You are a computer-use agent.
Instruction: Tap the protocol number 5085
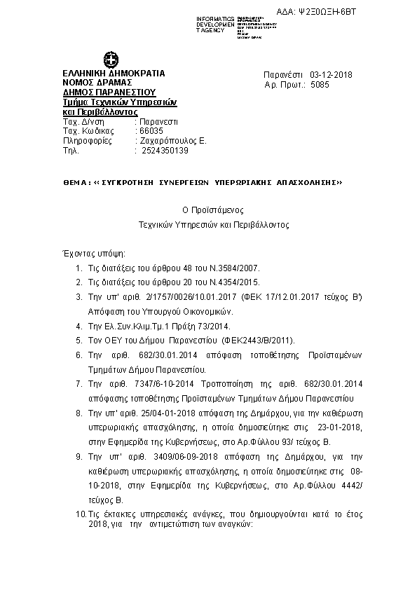coord(319,84)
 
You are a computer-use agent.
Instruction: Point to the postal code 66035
coord(151,131)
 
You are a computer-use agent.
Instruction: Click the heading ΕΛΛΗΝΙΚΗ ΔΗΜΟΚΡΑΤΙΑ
coord(114,73)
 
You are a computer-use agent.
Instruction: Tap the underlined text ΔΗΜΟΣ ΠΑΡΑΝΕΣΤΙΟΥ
coord(109,92)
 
